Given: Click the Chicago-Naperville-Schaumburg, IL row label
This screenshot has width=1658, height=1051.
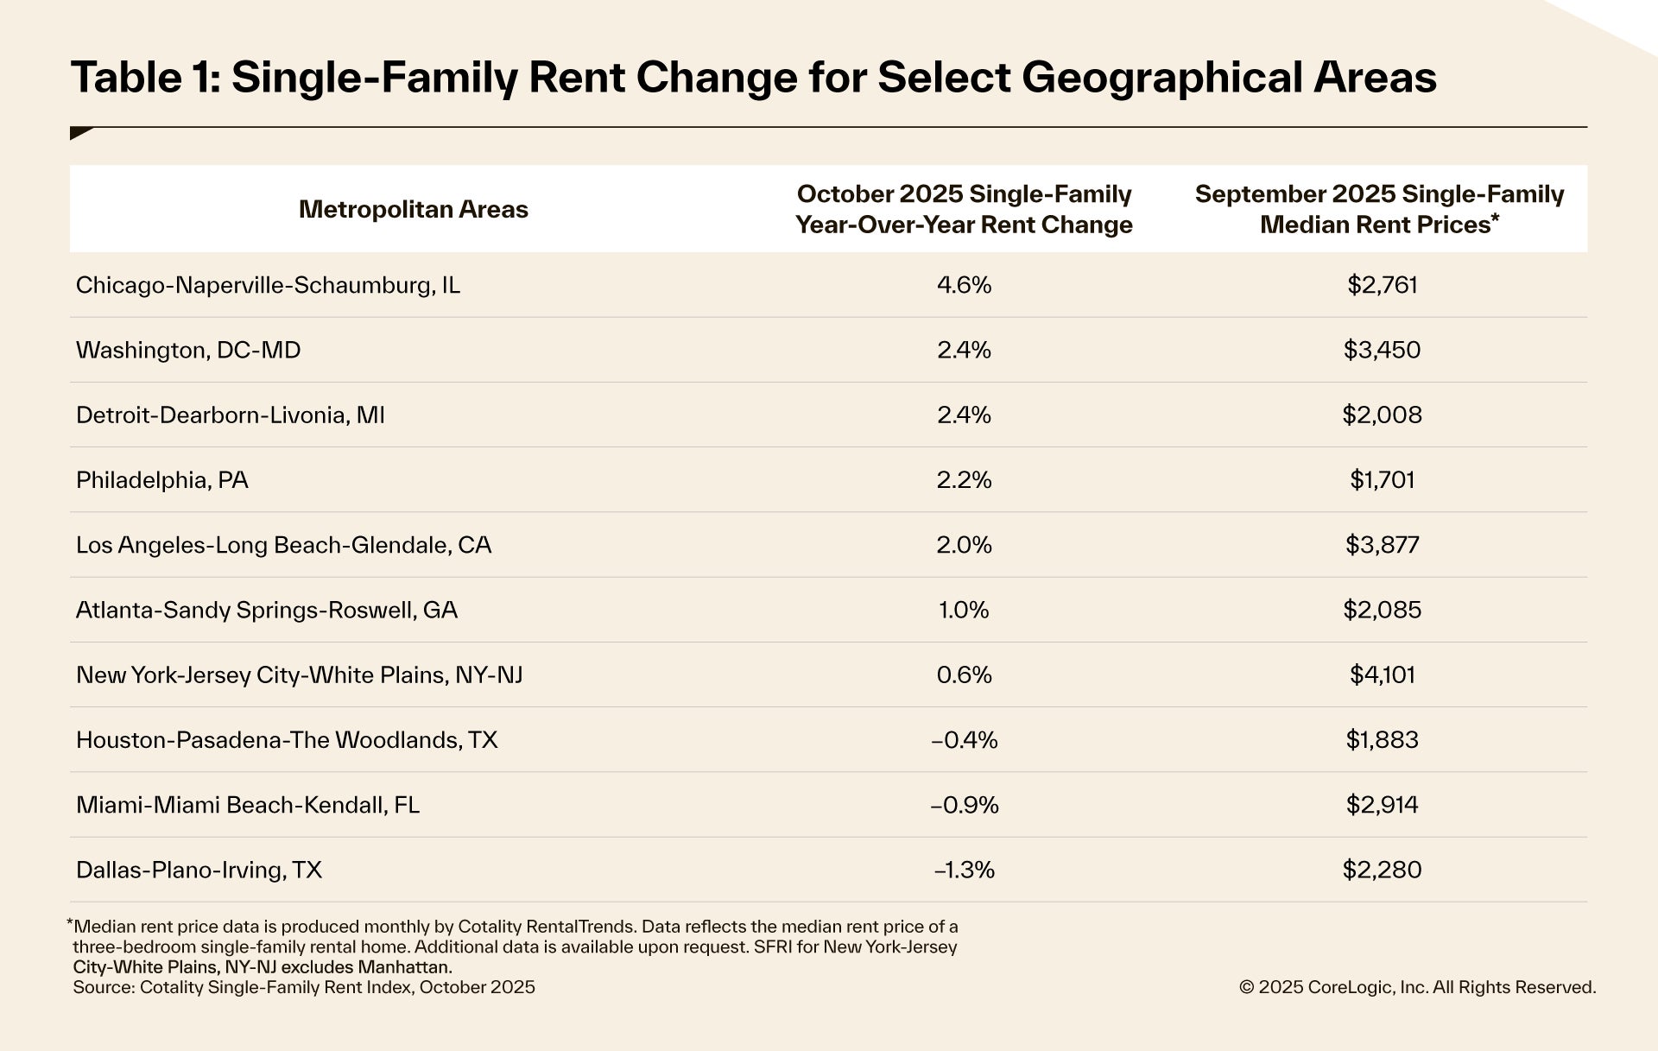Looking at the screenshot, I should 268,285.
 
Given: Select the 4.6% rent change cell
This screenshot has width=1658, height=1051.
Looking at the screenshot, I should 964,285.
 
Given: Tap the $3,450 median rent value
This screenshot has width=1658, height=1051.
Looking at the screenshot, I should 1382,350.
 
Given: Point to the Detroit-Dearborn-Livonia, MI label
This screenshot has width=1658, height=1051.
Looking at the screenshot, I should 231,415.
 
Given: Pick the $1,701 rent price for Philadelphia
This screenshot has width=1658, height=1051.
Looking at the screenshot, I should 1382,480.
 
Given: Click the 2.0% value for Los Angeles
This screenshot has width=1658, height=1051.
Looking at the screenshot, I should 964,545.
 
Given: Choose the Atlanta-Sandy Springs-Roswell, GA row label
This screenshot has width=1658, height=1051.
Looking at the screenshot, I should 267,610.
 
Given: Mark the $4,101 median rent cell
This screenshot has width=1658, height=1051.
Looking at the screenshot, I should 1382,674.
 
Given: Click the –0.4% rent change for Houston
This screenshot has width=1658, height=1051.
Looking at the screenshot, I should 964,740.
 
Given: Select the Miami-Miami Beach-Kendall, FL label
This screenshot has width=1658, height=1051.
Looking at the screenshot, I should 248,805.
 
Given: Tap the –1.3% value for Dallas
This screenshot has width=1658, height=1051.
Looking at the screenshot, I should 964,870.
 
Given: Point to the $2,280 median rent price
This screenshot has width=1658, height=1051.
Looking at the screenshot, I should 1382,870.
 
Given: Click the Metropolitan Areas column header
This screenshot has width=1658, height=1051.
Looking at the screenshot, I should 413,209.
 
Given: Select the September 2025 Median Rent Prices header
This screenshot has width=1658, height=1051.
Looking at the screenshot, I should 1379,209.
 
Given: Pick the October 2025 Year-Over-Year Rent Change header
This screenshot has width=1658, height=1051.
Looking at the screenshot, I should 964,209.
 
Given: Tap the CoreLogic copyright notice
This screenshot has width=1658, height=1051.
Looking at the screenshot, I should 1417,987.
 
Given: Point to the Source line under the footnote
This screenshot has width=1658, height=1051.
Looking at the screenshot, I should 304,987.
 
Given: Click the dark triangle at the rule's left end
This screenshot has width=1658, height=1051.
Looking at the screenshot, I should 80,133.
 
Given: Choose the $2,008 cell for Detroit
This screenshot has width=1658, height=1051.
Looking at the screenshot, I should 1382,415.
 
